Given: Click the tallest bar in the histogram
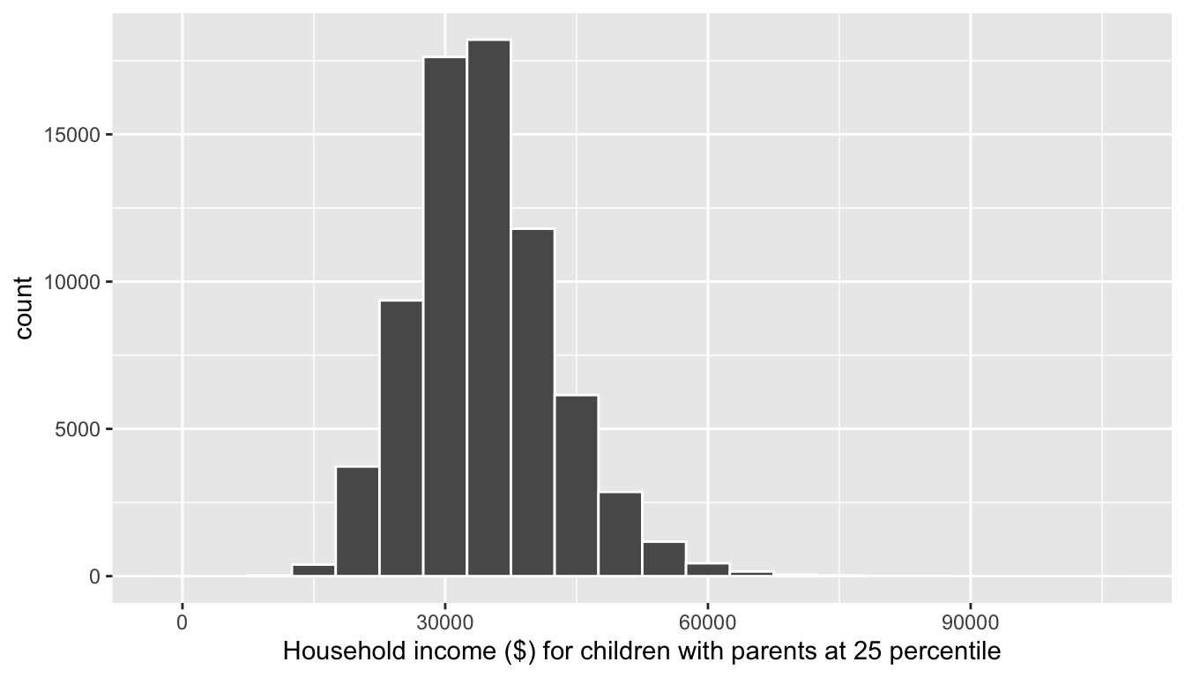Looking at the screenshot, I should click(488, 309).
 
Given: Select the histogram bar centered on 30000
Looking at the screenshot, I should click(445, 317).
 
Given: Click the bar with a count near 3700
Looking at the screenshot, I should click(357, 521).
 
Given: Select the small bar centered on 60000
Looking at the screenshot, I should click(707, 569).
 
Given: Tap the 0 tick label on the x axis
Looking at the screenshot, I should click(183, 622).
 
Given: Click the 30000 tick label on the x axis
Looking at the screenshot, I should click(445, 622).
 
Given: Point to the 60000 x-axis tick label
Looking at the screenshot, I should click(707, 622).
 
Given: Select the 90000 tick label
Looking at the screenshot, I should click(970, 622).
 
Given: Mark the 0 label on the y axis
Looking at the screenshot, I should click(94, 577).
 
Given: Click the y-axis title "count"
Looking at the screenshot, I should click(24, 307).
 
